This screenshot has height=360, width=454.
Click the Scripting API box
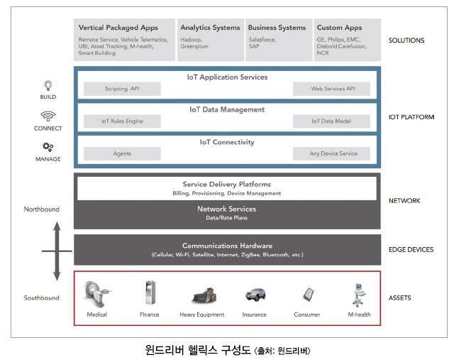(121, 89)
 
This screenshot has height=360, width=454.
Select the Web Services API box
(332, 89)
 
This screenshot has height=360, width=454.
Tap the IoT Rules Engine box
(121, 121)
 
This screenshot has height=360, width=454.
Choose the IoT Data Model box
(332, 121)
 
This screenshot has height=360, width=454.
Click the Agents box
(121, 153)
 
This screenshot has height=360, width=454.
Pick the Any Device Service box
(332, 153)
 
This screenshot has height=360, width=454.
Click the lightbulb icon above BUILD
(48, 84)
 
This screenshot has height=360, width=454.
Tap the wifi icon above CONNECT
(48, 116)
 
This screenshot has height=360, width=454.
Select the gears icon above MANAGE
(48, 147)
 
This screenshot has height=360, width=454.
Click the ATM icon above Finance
(150, 292)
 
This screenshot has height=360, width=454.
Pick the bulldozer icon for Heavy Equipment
(202, 294)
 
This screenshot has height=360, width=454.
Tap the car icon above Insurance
(255, 294)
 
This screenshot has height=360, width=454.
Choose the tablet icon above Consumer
(307, 294)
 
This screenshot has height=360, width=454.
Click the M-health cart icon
(358, 293)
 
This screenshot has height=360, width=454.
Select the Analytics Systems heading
(210, 28)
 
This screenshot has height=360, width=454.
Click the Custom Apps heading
(339, 28)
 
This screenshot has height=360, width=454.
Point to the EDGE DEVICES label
(411, 250)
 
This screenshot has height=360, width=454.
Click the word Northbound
(41, 209)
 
